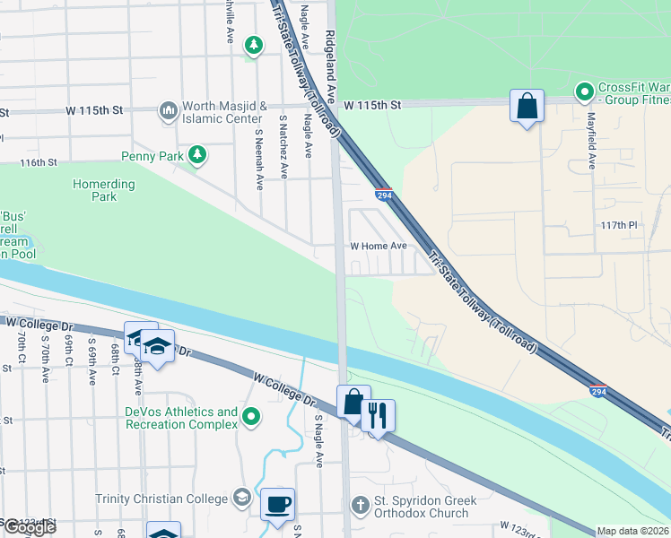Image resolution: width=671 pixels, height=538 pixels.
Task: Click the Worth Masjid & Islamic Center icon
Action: coord(168,111)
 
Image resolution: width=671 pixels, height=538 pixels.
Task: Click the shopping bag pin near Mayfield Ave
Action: coord(527,106)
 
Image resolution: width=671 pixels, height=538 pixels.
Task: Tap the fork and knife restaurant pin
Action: coord(378,416)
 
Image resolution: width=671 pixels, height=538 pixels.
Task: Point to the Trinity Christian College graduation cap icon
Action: coord(241,498)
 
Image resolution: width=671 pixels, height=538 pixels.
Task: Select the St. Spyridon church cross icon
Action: coord(361,506)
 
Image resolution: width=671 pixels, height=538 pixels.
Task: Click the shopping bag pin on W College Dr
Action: coord(353,402)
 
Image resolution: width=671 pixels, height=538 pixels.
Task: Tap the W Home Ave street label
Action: coord(378,246)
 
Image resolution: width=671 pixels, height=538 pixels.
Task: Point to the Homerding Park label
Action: coord(103,190)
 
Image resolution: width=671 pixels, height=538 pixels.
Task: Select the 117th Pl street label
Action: coord(619,225)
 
